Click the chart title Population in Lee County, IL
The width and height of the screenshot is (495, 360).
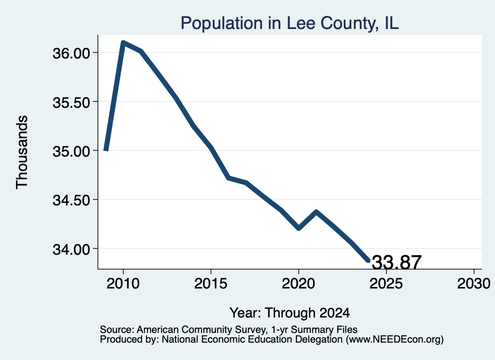(x=290, y=23)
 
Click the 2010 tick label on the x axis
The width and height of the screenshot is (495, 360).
(x=123, y=283)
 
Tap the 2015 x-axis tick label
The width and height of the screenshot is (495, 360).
(x=211, y=283)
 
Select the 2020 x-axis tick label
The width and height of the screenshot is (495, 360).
(x=298, y=283)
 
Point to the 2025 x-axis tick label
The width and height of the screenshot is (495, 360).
(x=386, y=283)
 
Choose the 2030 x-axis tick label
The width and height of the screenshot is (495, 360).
(x=474, y=283)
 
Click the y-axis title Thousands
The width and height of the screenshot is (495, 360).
(x=22, y=152)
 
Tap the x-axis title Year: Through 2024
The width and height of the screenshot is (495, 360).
(x=290, y=313)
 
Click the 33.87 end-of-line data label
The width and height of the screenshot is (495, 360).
(x=396, y=262)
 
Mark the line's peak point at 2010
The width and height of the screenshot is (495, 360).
(x=123, y=42)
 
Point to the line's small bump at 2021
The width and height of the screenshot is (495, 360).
(x=316, y=211)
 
